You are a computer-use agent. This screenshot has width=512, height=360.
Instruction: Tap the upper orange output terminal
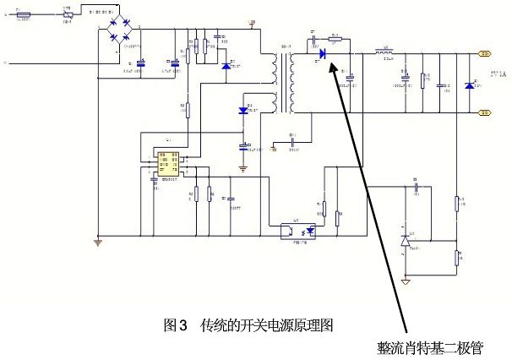[485, 53]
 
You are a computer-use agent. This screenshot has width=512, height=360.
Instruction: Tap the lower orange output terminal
[485, 111]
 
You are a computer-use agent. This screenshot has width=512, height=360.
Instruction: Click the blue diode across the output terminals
[470, 85]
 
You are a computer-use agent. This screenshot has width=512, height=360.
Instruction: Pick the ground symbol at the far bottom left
[98, 243]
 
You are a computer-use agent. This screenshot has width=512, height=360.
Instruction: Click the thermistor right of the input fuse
[68, 14]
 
